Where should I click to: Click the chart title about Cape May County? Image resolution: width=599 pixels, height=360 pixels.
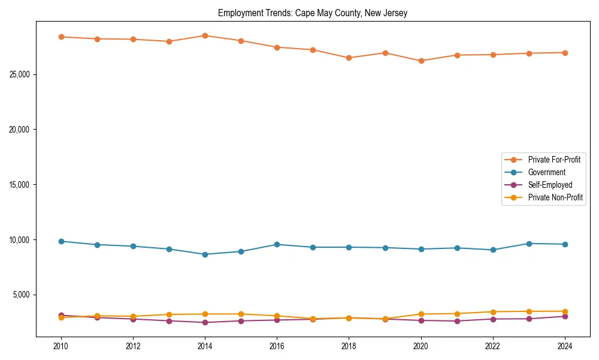point(313,13)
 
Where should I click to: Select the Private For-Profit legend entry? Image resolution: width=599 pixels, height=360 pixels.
point(553,160)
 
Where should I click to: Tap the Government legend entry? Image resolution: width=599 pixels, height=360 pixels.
point(546,172)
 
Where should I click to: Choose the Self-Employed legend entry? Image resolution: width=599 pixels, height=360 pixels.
point(550,185)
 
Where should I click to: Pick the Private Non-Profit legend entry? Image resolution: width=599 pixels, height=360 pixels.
point(555,197)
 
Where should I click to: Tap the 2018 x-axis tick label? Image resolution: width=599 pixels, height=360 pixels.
point(349,346)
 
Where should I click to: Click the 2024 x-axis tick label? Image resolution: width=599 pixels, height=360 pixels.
point(565,346)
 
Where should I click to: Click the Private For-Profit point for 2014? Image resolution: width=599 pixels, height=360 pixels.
point(205,35)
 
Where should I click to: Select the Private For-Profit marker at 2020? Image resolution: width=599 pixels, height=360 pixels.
point(421,61)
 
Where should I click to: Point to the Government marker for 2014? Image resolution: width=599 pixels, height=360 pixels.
point(205,254)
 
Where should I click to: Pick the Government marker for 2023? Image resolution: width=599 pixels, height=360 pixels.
point(529,244)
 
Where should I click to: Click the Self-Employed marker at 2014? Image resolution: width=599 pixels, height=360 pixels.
point(205,322)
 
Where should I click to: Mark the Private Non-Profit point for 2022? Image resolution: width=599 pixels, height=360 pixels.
point(493,312)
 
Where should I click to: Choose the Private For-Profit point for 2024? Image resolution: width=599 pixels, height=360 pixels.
point(565,53)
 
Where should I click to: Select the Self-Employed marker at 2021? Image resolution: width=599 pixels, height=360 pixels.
point(457,321)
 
